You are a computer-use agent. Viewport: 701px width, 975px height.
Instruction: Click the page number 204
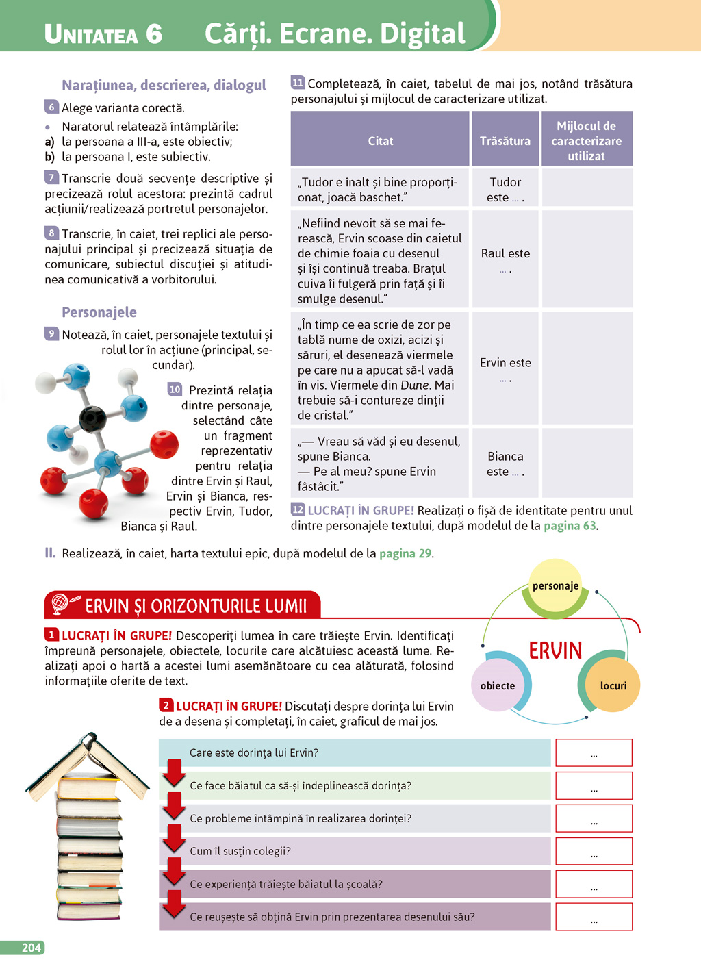click(31, 948)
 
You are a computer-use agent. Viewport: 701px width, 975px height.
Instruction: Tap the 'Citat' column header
click(381, 141)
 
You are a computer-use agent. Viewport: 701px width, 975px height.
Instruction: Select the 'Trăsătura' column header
click(505, 141)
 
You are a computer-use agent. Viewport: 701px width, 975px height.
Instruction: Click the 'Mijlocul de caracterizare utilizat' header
click(587, 141)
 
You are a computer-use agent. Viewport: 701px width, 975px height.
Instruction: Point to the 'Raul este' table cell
click(505, 259)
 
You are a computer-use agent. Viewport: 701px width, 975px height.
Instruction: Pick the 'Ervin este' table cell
click(505, 368)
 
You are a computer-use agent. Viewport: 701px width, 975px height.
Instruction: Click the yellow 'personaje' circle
click(555, 586)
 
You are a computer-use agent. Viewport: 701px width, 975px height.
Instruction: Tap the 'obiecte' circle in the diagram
click(498, 686)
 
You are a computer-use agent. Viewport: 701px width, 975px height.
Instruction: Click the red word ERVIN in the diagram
click(555, 650)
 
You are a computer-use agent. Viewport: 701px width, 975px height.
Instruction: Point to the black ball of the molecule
click(92, 418)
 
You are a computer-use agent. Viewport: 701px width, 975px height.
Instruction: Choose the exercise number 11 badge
click(298, 83)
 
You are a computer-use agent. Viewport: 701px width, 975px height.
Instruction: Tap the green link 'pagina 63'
click(570, 526)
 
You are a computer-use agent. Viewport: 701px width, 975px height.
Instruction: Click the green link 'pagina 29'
click(405, 553)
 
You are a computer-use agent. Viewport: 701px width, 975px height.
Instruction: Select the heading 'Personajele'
click(99, 312)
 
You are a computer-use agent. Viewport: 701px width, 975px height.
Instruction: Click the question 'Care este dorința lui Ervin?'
click(254, 752)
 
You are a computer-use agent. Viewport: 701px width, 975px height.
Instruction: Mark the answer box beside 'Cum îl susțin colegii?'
click(594, 852)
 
